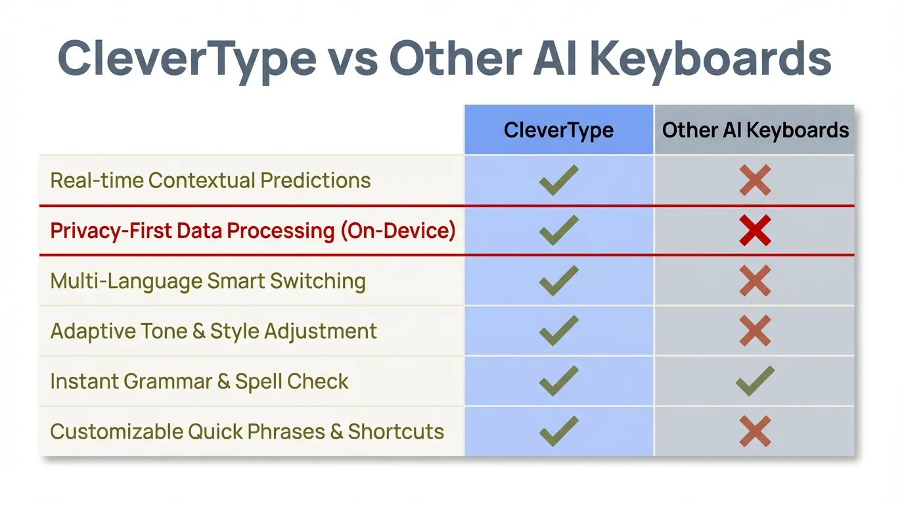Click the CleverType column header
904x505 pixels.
point(558,130)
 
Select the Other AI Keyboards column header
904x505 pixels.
point(755,130)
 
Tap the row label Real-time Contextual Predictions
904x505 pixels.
point(210,180)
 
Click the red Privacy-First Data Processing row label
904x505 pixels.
point(252,231)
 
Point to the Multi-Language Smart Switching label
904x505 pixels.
point(208,281)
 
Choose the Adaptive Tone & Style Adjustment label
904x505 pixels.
point(214,331)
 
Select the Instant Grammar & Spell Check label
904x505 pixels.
point(199,381)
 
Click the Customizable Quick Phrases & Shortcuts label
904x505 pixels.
point(247,431)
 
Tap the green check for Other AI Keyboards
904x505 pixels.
point(755,381)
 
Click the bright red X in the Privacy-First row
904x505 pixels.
point(755,231)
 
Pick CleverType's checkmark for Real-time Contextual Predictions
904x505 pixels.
point(558,180)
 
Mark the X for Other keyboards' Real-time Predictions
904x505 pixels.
point(755,180)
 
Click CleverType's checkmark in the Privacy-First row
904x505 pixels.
point(558,230)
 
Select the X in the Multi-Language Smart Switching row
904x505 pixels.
point(755,281)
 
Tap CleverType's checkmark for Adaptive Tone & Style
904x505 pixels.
point(558,331)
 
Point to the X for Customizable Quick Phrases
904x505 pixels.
point(755,431)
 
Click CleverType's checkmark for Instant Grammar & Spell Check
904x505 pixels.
point(558,381)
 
